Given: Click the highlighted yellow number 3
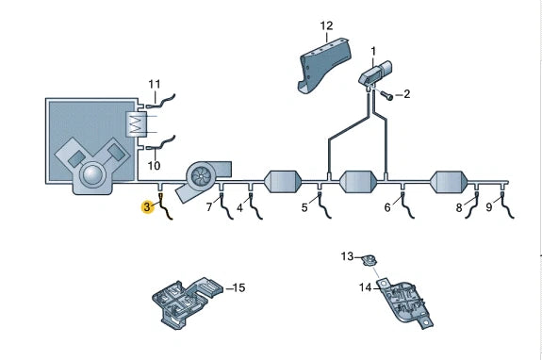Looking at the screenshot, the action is (148, 207).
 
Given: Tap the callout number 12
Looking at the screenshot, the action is (326, 25).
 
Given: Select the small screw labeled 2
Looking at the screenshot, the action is (386, 94).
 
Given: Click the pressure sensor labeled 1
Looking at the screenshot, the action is (375, 74).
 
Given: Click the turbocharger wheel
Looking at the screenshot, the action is (200, 176).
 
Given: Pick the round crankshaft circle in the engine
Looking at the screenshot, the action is (92, 173).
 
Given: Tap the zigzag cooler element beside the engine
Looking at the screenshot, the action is (137, 124).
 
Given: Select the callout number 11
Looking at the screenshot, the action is (155, 84).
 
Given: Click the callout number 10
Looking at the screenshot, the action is (154, 166).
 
